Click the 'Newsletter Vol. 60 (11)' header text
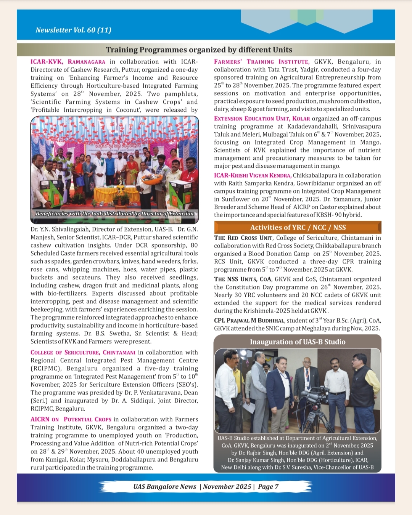click(x=73, y=30)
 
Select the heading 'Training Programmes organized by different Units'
click(x=199, y=50)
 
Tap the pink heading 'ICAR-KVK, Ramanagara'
click(x=68, y=62)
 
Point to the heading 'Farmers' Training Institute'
click(x=261, y=62)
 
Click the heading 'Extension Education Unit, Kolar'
click(x=262, y=119)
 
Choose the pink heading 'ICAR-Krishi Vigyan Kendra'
click(x=253, y=175)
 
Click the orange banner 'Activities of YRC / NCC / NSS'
click(x=298, y=228)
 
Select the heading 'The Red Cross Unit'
click(x=243, y=238)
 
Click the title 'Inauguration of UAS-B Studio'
click(x=298, y=342)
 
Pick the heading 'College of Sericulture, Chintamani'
click(x=83, y=353)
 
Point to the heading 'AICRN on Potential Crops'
click(x=71, y=419)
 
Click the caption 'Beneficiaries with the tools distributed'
click(x=114, y=214)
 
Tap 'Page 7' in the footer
click(x=268, y=487)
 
